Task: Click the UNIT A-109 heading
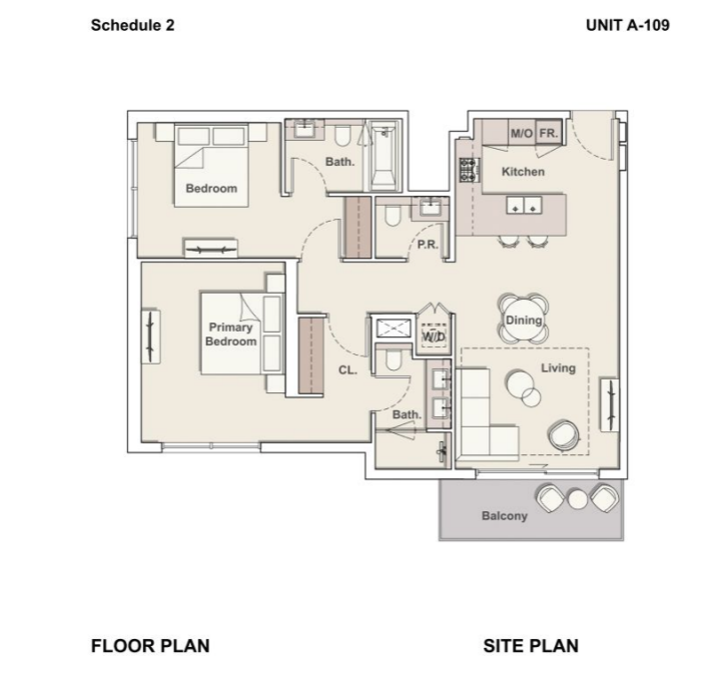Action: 628,25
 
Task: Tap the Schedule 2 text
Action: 133,25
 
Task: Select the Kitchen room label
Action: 523,172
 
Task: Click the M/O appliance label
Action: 521,134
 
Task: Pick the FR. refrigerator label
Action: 548,134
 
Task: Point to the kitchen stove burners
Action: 468,170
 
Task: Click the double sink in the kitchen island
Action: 524,205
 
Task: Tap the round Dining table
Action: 523,320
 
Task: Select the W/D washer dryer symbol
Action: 433,336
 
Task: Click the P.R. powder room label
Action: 427,245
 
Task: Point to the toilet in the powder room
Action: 392,215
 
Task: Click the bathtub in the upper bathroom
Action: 383,156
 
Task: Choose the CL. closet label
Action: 348,370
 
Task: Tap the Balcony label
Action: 504,516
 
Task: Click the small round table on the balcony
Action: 577,499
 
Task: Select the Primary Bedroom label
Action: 231,335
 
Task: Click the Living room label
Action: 558,367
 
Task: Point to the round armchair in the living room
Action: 563,434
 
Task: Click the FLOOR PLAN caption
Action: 151,646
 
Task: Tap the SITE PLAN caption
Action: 530,646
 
